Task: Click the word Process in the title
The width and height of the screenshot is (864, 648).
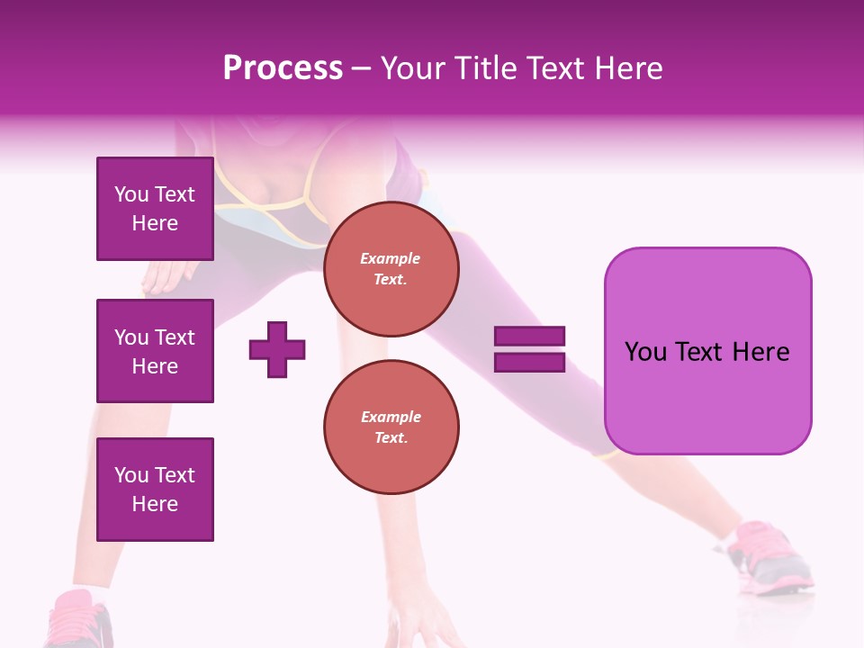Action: (283, 68)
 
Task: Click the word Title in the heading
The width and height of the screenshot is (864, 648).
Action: (484, 68)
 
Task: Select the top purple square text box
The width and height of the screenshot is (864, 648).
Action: (155, 209)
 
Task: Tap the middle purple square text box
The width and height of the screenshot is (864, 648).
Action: (155, 351)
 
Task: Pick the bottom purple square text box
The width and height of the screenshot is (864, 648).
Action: (155, 490)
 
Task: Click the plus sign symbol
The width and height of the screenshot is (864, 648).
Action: (277, 349)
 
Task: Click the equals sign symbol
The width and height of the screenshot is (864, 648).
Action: (529, 349)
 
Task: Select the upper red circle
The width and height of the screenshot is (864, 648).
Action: (391, 268)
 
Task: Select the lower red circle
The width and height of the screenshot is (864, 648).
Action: (391, 427)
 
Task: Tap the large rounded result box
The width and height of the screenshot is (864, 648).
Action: (707, 351)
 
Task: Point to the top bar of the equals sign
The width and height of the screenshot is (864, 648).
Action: (529, 336)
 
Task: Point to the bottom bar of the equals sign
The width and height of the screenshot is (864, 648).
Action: (529, 362)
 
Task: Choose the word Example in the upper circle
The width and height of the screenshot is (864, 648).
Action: (391, 258)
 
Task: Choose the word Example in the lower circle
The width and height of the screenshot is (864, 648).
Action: (391, 417)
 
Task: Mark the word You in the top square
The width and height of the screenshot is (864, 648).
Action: (130, 194)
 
